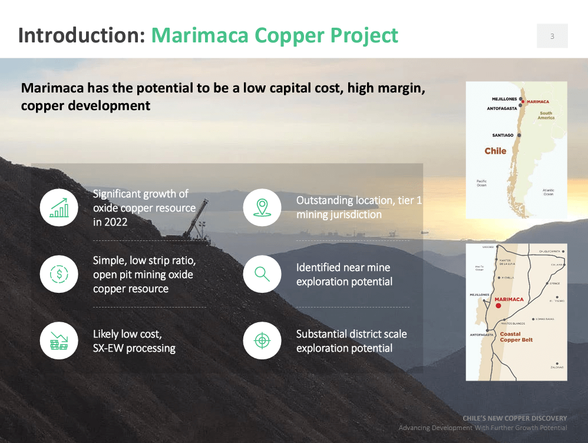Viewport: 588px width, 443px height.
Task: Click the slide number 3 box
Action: coord(552,36)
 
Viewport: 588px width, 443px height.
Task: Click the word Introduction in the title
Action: coord(81,35)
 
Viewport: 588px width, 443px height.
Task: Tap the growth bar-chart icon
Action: coord(59,208)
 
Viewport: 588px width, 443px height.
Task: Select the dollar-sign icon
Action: coord(59,274)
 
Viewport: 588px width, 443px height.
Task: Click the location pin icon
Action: coord(262,207)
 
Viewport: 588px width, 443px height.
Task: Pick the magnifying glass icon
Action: coord(262,274)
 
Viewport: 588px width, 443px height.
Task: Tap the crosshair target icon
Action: coord(262,340)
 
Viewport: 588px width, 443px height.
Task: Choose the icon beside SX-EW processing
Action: coord(59,340)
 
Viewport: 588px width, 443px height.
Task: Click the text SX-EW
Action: coord(110,348)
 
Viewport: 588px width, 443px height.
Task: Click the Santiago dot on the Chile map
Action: coord(519,135)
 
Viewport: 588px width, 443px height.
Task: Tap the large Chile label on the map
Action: coord(495,151)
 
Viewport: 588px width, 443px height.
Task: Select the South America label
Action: coord(546,115)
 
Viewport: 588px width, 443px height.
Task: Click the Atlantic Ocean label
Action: coord(548,192)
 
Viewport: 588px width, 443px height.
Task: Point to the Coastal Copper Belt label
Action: coord(516,337)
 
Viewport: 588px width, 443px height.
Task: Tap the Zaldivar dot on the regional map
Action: coord(557,363)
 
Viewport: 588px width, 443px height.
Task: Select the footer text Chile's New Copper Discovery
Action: coord(514,418)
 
